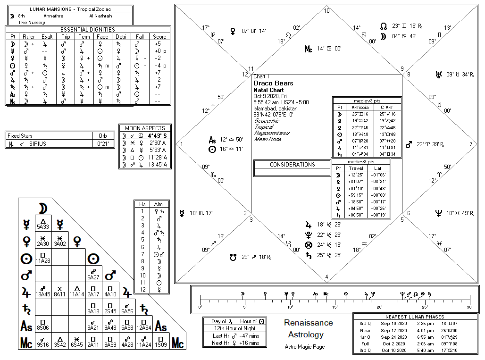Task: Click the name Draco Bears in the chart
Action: pos(273,83)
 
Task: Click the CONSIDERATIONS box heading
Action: pos(292,165)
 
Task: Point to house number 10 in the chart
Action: pos(327,10)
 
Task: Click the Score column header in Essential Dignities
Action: pos(159,36)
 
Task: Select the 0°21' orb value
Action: pos(103,143)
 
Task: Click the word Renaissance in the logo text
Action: pos(308,323)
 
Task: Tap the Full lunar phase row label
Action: pos(365,343)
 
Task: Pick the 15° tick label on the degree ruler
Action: pos(335,307)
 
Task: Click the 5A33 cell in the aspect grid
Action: pos(43,226)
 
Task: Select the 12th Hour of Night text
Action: pos(234,328)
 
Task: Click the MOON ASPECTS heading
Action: pos(145,128)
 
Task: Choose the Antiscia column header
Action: pos(360,107)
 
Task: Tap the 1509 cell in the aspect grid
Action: pos(161,344)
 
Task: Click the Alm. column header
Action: pos(159,204)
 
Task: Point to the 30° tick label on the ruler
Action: pos(469,307)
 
